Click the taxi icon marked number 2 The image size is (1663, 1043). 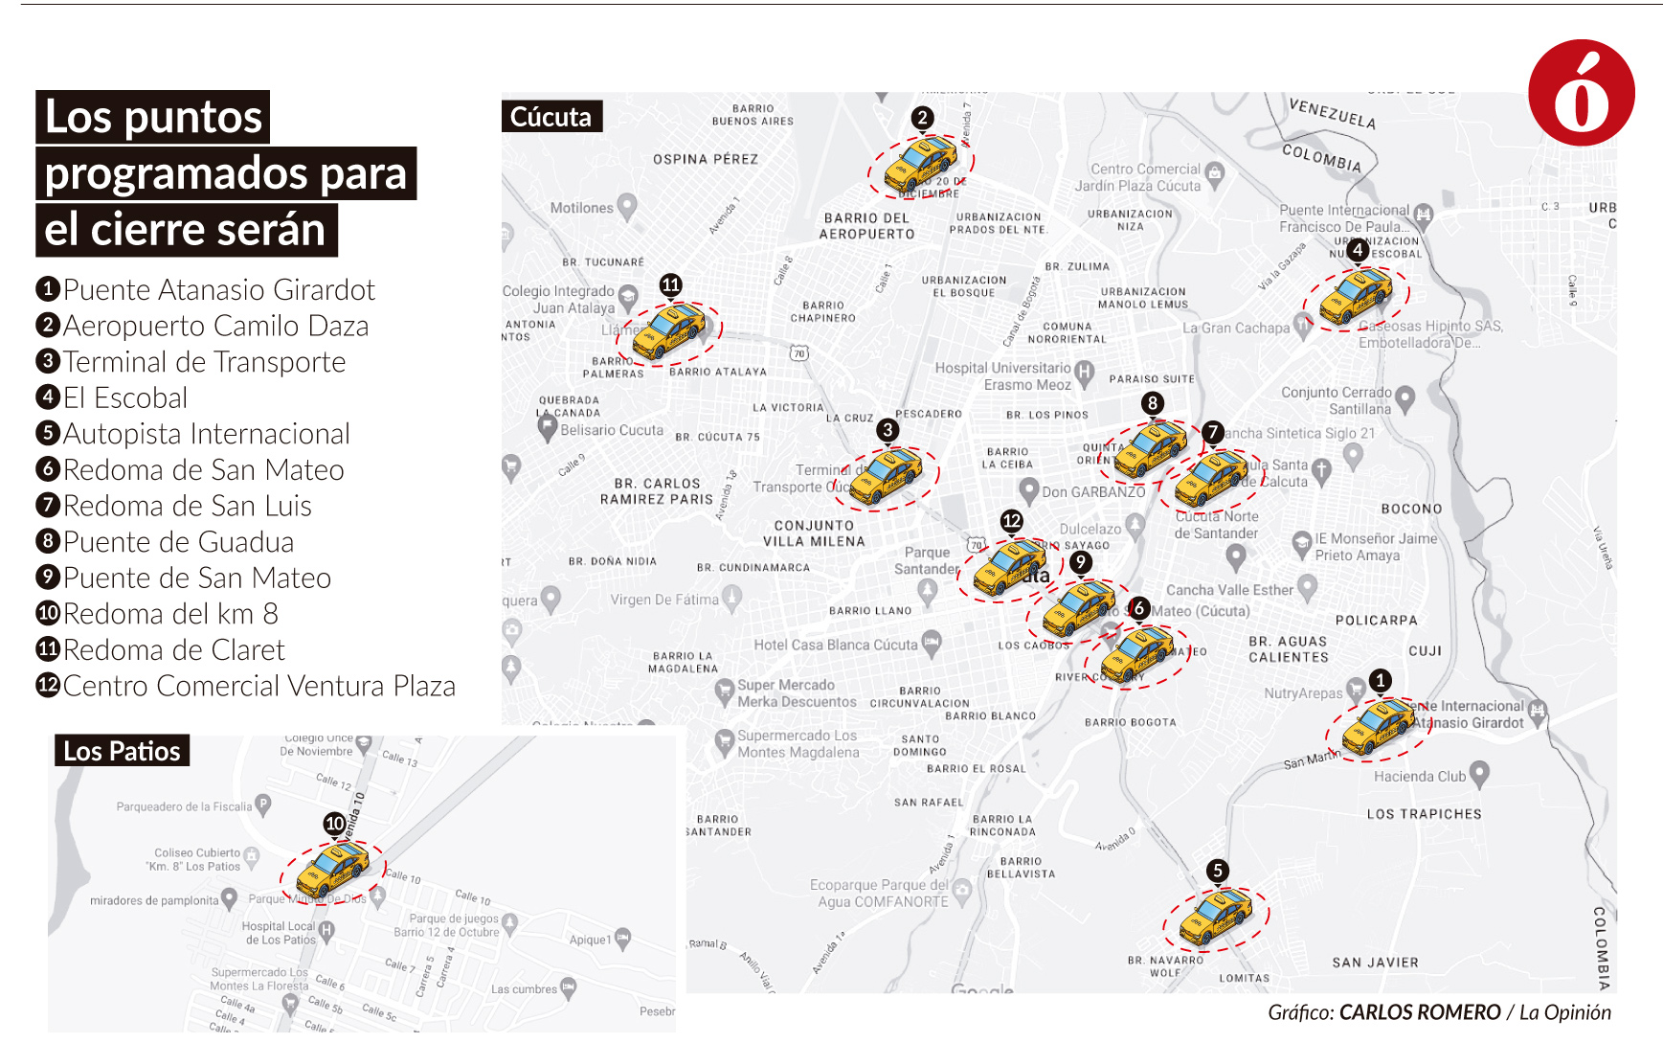920,165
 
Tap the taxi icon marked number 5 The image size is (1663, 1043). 1215,918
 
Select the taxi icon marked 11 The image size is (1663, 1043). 667,331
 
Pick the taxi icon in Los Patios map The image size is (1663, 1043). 332,870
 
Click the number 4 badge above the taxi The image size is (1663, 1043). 1357,250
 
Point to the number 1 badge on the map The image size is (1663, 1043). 1380,680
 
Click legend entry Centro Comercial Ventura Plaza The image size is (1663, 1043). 245,686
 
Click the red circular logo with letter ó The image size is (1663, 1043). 1581,93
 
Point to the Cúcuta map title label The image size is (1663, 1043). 551,117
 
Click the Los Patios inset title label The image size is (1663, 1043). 122,751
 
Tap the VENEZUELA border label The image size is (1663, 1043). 1332,114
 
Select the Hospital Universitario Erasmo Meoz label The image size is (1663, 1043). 1003,376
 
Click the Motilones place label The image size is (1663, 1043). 581,208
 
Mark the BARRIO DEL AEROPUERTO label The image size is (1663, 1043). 866,226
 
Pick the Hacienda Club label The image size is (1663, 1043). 1420,776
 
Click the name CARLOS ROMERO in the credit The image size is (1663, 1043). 1419,1012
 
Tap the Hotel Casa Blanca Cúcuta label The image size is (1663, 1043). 835,645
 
